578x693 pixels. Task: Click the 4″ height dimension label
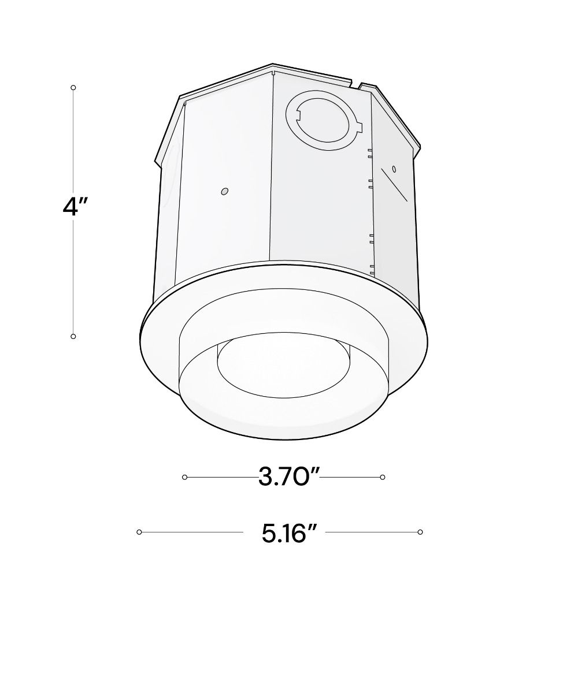(75, 206)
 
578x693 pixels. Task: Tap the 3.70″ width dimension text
(288, 477)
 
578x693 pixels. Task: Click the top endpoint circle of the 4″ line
(73, 88)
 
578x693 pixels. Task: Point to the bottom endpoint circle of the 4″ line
(73, 336)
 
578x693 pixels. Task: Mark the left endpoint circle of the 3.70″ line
(185, 477)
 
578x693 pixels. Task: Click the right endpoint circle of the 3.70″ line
(382, 477)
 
